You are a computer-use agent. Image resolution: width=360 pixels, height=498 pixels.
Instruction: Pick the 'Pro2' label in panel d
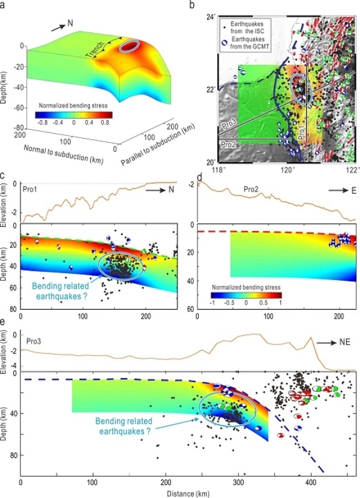[255, 188]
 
